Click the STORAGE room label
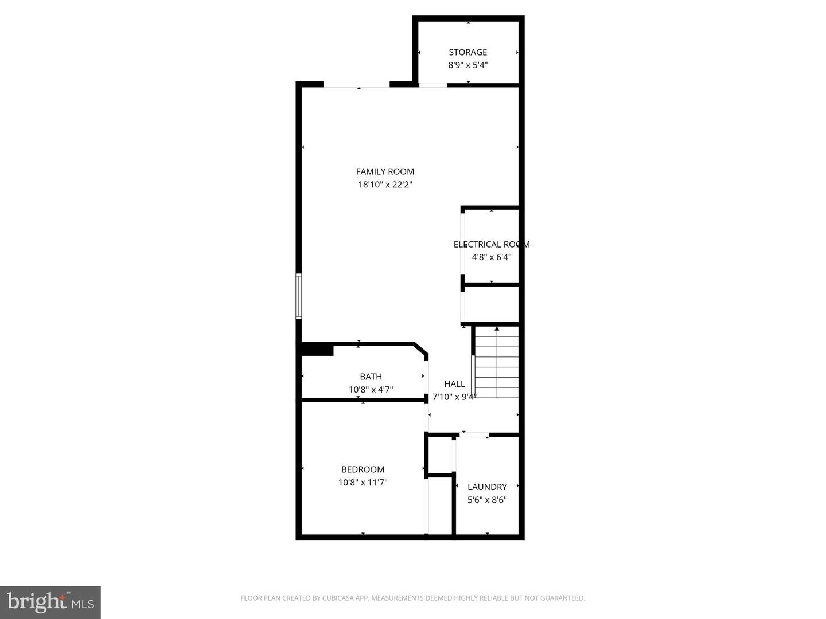(467, 52)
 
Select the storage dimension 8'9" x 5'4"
(467, 65)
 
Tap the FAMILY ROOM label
(385, 171)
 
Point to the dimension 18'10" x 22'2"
(385, 185)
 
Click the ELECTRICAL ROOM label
(491, 244)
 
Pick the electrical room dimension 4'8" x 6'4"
(491, 257)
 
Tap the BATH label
(371, 377)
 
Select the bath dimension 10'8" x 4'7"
(371, 390)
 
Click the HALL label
(454, 384)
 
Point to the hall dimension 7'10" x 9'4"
(454, 397)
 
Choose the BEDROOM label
(363, 469)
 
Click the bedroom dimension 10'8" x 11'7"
(363, 483)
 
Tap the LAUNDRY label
(487, 487)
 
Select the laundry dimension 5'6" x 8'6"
(487, 500)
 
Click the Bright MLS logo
(50, 602)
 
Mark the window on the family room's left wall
(298, 296)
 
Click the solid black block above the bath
(317, 349)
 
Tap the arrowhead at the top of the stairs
(497, 329)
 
